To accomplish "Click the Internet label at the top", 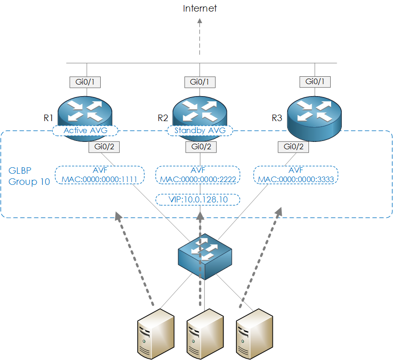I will [200, 8].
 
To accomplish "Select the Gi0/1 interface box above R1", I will [85, 82].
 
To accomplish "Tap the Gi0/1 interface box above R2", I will [200, 82].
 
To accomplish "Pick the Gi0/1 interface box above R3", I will [314, 82].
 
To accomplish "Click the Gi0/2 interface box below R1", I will [103, 147].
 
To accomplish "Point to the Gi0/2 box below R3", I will [293, 147].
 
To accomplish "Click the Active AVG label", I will [85, 131].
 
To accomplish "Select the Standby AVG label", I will [200, 131].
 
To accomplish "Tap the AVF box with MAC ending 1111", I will [100, 175].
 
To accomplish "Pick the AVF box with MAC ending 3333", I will [296, 175].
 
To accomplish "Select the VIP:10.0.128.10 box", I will [198, 200].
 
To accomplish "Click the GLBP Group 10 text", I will [29, 176].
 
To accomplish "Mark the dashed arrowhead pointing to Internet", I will [200, 21].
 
